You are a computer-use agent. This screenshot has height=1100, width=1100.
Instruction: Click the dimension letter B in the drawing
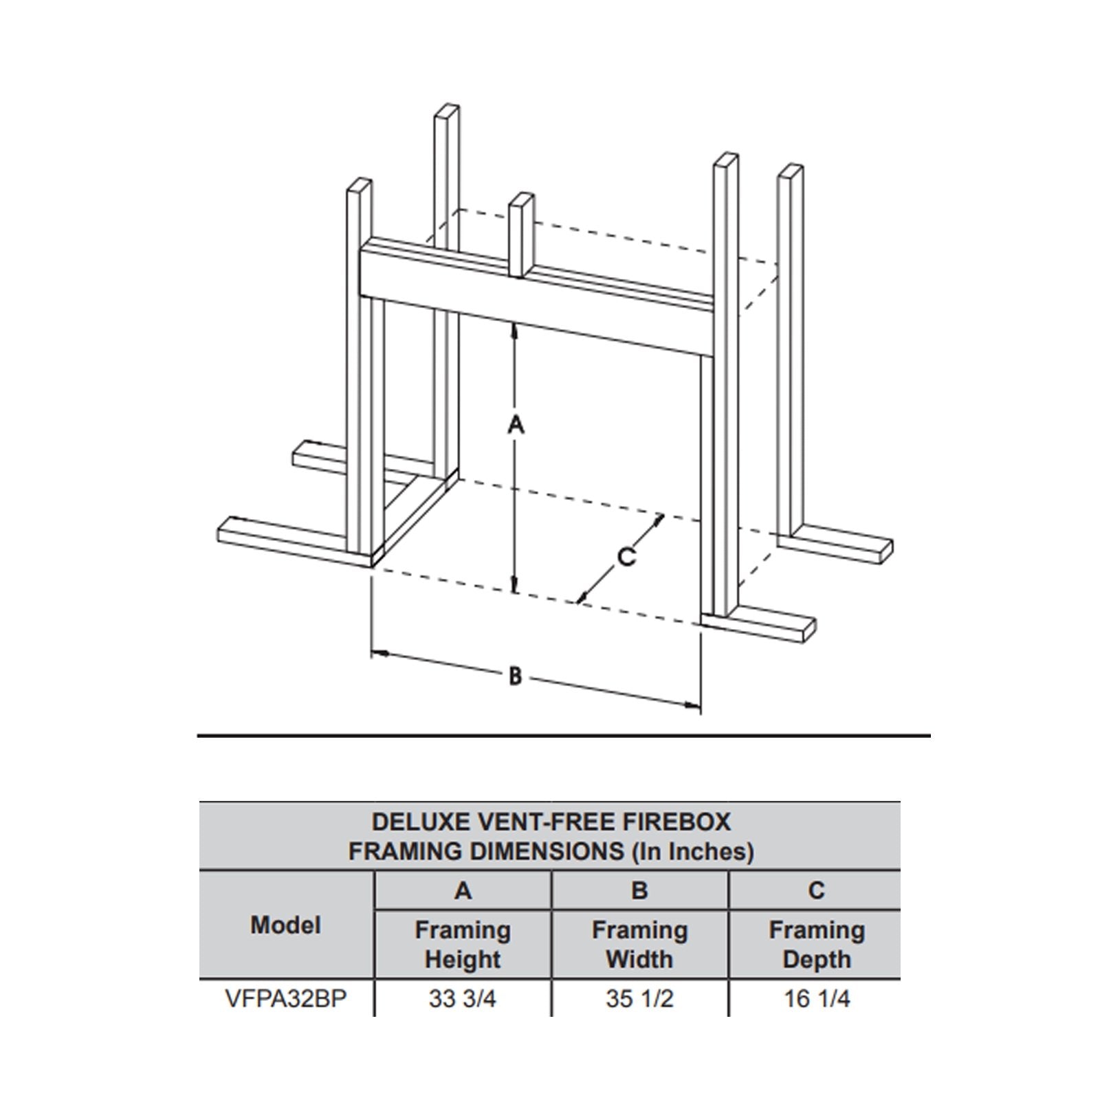click(515, 676)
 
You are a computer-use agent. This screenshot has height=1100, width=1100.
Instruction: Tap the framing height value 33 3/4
click(462, 999)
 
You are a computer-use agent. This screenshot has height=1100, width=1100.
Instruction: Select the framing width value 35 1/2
click(639, 999)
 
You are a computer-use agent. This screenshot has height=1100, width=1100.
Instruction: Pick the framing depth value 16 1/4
click(817, 999)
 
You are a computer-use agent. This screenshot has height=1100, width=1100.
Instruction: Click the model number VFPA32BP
click(286, 999)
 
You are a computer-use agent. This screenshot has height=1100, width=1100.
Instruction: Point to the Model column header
click(286, 925)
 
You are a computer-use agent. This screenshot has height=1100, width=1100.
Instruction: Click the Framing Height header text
click(463, 945)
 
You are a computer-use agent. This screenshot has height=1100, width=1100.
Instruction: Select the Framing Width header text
click(640, 945)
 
